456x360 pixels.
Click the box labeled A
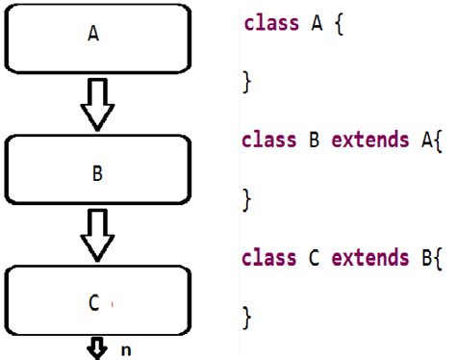coord(93,37)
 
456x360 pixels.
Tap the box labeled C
coord(93,301)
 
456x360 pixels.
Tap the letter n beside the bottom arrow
coord(125,349)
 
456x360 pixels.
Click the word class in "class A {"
coord(271,23)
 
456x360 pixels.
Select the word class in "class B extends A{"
coord(269,141)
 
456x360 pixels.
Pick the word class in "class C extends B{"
coord(269,258)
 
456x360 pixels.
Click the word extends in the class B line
coord(364,141)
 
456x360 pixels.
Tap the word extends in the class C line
coord(364,258)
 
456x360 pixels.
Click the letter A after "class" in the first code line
coord(316,23)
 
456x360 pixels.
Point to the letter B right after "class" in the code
coord(314,141)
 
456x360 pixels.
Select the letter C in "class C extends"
coord(314,258)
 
